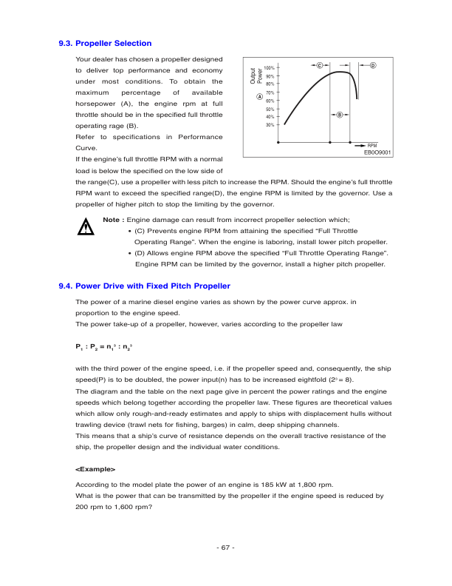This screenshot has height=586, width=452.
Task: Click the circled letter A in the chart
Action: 259,97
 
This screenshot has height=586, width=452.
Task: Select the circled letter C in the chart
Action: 318,67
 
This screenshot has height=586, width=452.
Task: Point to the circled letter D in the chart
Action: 373,67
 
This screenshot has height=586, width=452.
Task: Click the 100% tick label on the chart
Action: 270,68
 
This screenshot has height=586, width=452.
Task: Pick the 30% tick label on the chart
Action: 270,125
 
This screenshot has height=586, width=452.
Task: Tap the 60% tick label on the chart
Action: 270,101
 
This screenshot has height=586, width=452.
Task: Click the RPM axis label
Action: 372,145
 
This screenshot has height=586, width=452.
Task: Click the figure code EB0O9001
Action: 377,152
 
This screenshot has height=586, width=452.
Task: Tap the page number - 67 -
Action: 225,548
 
